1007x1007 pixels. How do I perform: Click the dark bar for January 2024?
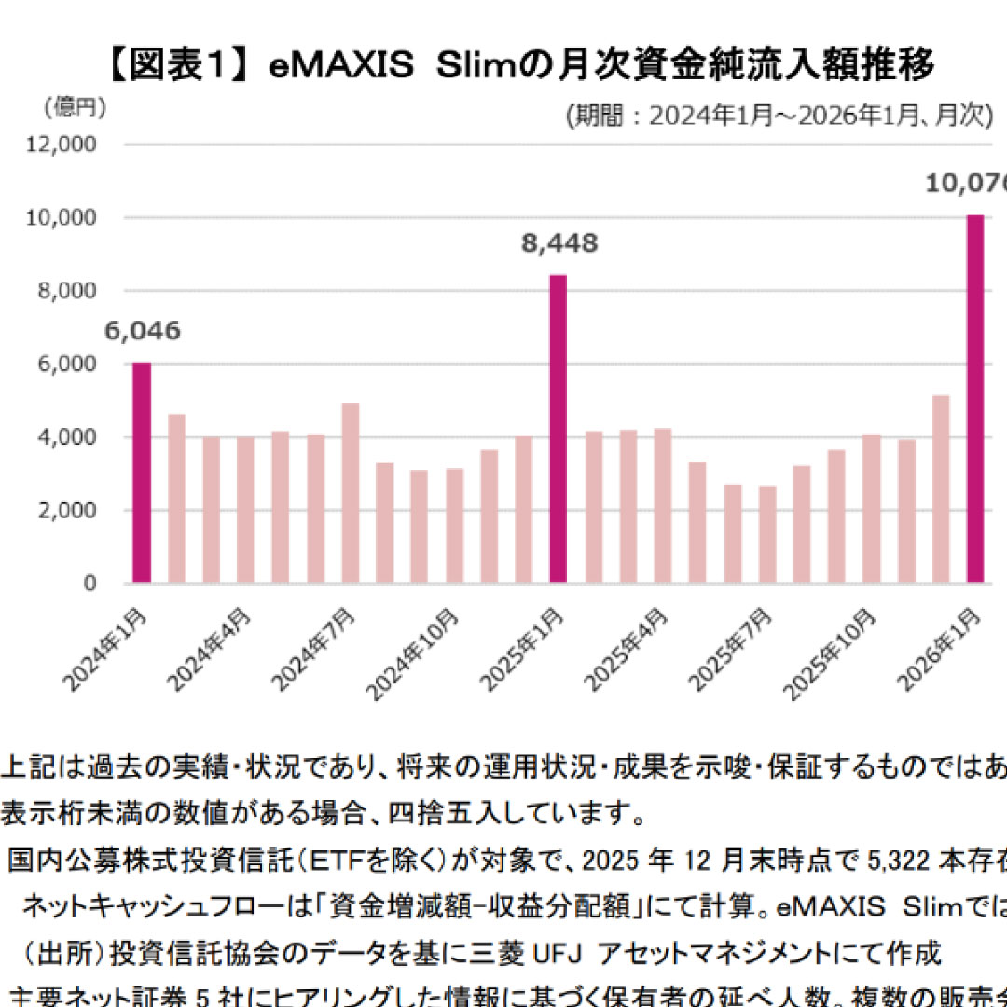142,473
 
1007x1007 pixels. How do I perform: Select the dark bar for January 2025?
559,429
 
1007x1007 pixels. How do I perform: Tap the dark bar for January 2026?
975,399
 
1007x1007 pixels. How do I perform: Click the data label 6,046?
142,331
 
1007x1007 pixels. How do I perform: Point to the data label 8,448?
559,244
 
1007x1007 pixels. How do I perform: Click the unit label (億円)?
76,107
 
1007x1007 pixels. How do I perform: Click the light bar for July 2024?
351,493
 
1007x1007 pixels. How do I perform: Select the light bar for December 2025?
941,490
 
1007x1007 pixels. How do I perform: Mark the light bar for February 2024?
176,499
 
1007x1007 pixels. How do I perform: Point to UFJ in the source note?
559,952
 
